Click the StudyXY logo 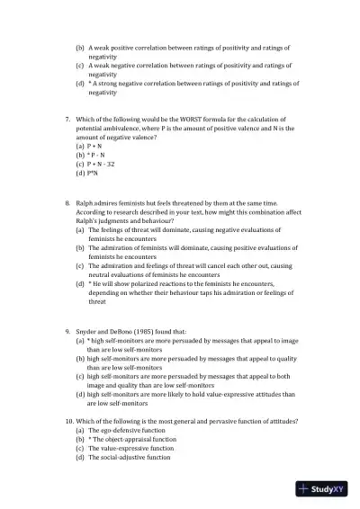[325, 489]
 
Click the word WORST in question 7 [195, 120]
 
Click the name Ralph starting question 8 [86, 205]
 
